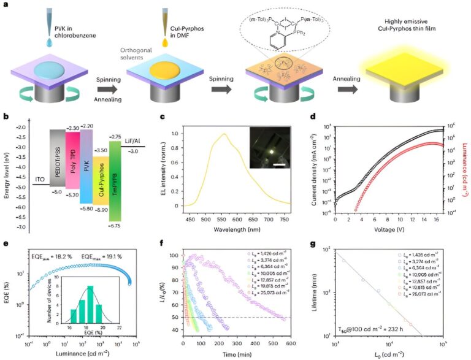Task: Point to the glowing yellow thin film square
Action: (x=404, y=68)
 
